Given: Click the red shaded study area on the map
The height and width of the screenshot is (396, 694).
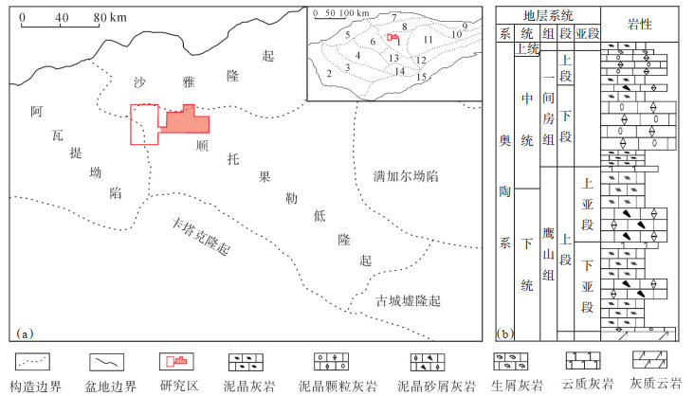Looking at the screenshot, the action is coord(186,121).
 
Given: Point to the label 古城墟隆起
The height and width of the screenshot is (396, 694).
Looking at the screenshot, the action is coord(409,301).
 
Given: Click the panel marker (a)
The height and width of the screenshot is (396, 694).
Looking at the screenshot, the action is coord(26,332).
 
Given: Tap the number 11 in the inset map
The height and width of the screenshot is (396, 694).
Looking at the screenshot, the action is coord(428,40).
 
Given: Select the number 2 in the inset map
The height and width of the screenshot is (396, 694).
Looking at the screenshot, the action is coord(328,73).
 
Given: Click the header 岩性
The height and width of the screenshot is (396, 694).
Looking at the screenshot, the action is coord(638,23).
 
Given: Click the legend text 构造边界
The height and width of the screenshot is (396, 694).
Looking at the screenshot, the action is coord(35,387).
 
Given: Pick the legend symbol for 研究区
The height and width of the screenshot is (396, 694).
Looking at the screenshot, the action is coord(177,362).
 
